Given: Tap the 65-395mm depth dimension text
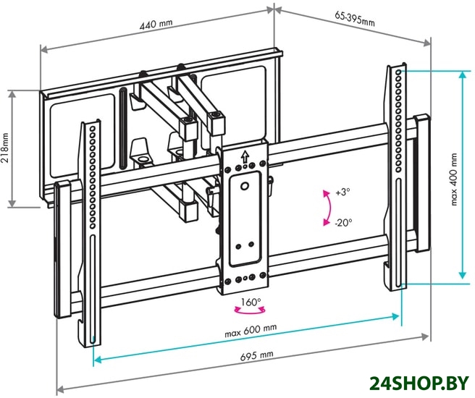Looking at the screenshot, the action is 355,19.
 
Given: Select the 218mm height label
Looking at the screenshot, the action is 5,148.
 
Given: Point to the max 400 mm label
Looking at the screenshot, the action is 454,179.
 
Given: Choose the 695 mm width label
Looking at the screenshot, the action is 257,355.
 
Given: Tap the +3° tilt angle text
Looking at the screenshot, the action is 343,192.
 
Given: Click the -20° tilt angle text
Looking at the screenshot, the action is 343,223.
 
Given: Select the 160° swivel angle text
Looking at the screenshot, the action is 251,302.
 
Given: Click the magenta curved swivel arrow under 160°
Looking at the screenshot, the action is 250,311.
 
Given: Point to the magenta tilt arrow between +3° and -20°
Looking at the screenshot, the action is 329,208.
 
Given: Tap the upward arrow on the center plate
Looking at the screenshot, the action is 245,157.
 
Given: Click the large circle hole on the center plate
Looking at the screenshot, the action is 245,185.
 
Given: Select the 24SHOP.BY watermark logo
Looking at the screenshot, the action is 419,384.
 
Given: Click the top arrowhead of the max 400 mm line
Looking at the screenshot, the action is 462,75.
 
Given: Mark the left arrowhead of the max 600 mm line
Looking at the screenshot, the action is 98,360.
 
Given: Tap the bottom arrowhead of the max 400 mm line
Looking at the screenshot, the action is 462,275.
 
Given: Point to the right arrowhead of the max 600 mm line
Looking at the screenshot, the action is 395,316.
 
